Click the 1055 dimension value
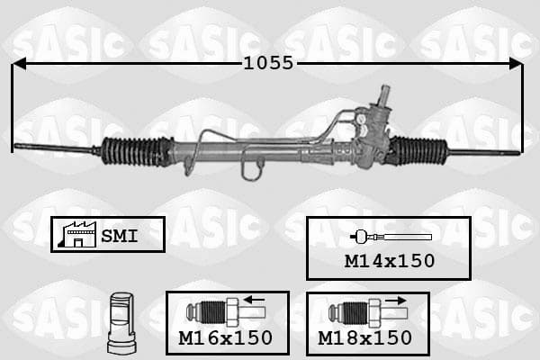268,63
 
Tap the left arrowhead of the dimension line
19,63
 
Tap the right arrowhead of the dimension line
516,63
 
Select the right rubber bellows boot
418,150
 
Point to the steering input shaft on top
385,95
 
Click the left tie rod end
55,148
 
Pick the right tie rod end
484,152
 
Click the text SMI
119,236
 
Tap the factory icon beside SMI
77,235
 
